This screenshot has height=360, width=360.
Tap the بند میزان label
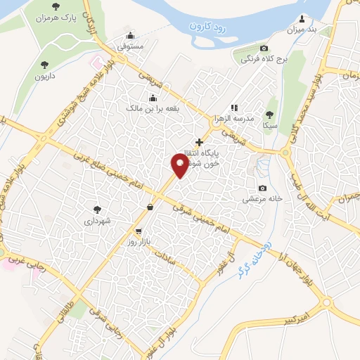[x=302, y=29]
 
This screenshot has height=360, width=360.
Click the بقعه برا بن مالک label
[x=150, y=109]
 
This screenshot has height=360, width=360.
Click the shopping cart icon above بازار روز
[x=139, y=231]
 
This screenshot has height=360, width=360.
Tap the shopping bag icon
[x=150, y=207]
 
